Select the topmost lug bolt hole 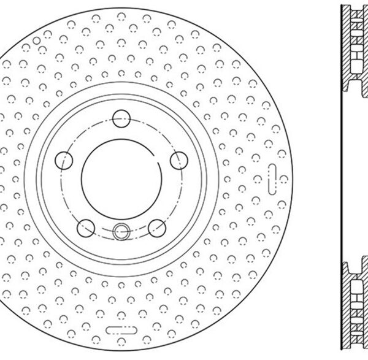coord(121,115)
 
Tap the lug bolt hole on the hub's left coord(63,159)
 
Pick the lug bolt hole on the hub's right coord(178,160)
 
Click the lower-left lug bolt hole coord(86,226)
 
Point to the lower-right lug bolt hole coord(157,226)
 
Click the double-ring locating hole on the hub coord(121,232)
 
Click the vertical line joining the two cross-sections coord(341,177)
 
